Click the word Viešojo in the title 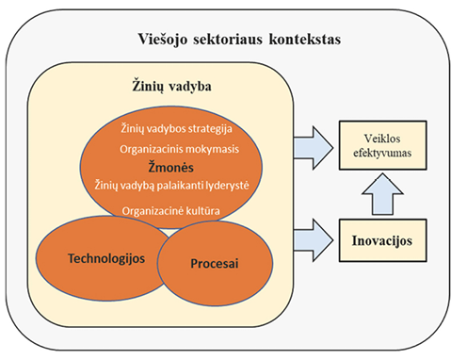[163, 40]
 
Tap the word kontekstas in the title [305, 40]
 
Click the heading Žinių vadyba [171, 86]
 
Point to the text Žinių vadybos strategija [176, 128]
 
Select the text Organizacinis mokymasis [179, 149]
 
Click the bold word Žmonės [170, 167]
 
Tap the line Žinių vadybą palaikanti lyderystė [172, 185]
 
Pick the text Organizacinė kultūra [170, 210]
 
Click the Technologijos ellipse [101, 258]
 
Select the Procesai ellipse [215, 263]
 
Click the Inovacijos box [382, 240]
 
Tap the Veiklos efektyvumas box [382, 145]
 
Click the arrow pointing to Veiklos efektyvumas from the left [314, 148]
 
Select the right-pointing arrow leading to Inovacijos [314, 240]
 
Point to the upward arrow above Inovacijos [382, 194]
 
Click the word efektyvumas [382, 153]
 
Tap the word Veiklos [382, 139]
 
